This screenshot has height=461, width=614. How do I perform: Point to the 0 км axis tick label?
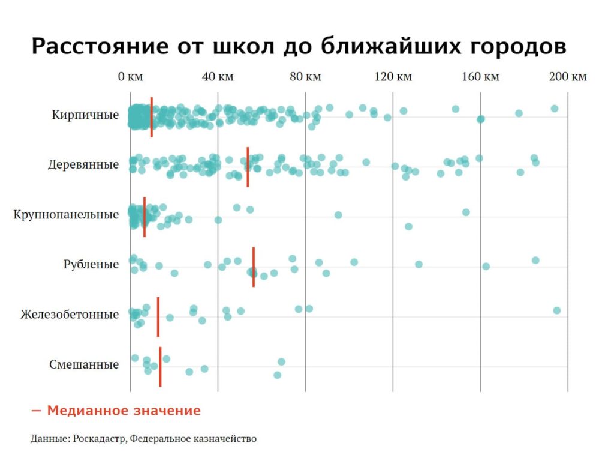[x=130, y=77]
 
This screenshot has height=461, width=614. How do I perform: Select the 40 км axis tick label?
[x=218, y=77]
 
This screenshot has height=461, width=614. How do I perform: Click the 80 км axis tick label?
[x=305, y=77]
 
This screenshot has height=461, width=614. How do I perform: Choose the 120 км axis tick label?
[x=393, y=77]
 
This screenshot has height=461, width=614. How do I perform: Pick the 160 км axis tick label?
[x=480, y=77]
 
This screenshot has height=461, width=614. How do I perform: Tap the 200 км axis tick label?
[x=568, y=77]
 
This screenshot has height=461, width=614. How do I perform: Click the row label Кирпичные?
[x=85, y=115]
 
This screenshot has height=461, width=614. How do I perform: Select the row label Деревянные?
[x=83, y=165]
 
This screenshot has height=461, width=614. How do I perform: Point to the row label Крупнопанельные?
[x=66, y=215]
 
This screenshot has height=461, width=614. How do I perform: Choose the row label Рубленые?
[x=91, y=265]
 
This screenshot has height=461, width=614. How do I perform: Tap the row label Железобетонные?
[x=70, y=315]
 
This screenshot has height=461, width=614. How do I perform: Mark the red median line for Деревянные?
[x=248, y=166]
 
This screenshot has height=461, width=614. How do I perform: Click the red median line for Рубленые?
[x=254, y=267]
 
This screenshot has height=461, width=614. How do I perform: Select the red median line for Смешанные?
[x=160, y=367]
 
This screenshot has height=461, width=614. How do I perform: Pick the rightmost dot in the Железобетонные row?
[x=556, y=310]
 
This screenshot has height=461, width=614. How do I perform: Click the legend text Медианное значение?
[x=124, y=411]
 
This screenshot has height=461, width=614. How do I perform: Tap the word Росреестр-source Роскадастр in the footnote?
[x=100, y=439]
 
